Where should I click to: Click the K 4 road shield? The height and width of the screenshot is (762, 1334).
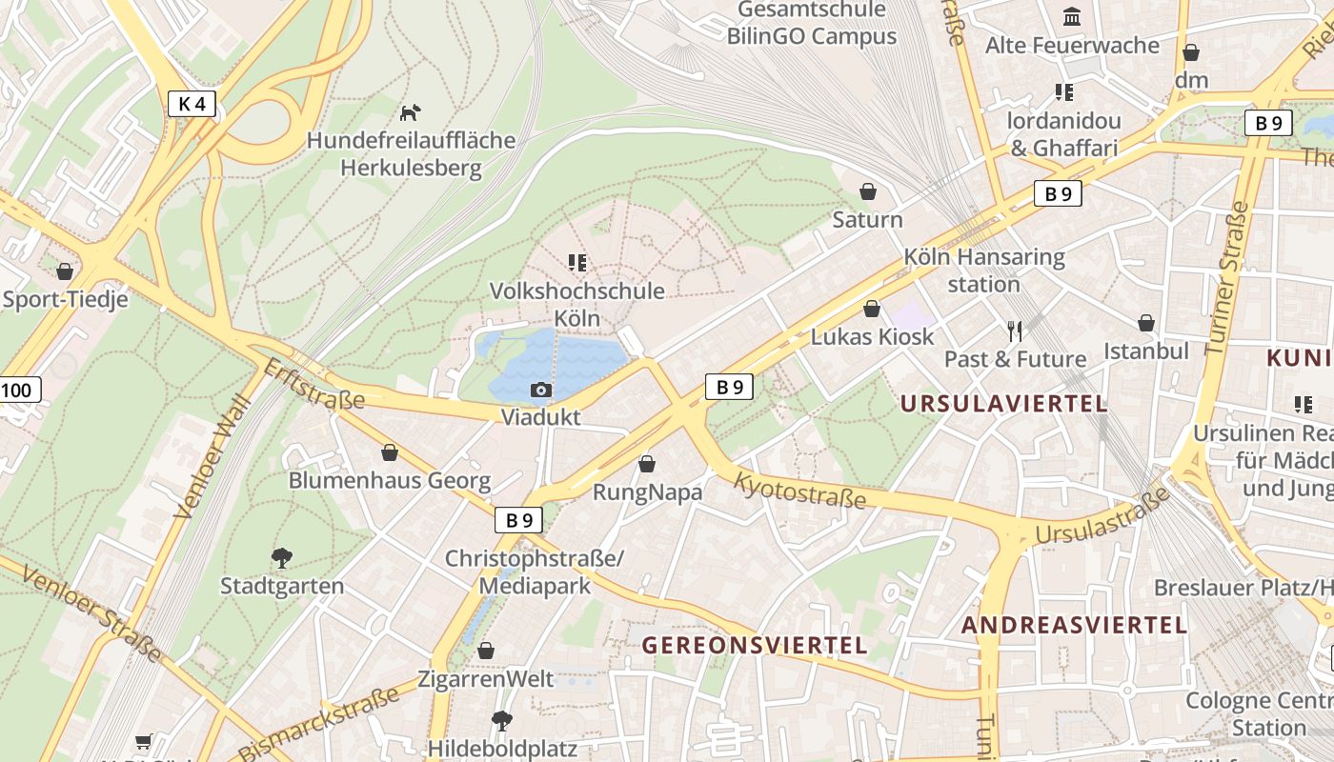pos(192,104)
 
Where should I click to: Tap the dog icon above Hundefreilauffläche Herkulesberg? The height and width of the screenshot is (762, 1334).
pos(410,112)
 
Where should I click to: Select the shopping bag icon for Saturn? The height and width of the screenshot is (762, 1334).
pos(868,191)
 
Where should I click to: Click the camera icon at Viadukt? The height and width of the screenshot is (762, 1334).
pos(540,390)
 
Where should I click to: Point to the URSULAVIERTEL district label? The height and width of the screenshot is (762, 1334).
pos(1003,403)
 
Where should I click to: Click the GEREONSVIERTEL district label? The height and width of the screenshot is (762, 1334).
pos(755,645)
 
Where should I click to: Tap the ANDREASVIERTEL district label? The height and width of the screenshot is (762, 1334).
pos(1074,625)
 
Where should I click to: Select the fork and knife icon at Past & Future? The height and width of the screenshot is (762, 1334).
pos(1015,331)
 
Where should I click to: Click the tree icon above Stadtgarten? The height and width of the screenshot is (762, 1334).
pos(281,557)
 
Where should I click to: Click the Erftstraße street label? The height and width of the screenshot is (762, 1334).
pos(313,384)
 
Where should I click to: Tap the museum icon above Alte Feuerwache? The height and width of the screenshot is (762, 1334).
pos(1072,17)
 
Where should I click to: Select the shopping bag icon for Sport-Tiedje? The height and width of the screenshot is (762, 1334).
pos(65,271)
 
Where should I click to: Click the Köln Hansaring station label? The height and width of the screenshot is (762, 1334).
pos(983,270)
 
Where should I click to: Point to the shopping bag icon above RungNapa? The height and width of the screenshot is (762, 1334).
pos(647,464)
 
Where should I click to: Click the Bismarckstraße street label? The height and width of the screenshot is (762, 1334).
pos(318,723)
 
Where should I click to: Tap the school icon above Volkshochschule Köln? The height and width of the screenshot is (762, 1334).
pos(576,262)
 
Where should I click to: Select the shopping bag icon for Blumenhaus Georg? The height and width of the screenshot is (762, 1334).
pos(389,452)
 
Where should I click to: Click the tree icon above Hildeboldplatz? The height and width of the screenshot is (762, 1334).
pos(501,720)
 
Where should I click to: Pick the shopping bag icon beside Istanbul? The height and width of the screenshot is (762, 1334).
pos(1146,323)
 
